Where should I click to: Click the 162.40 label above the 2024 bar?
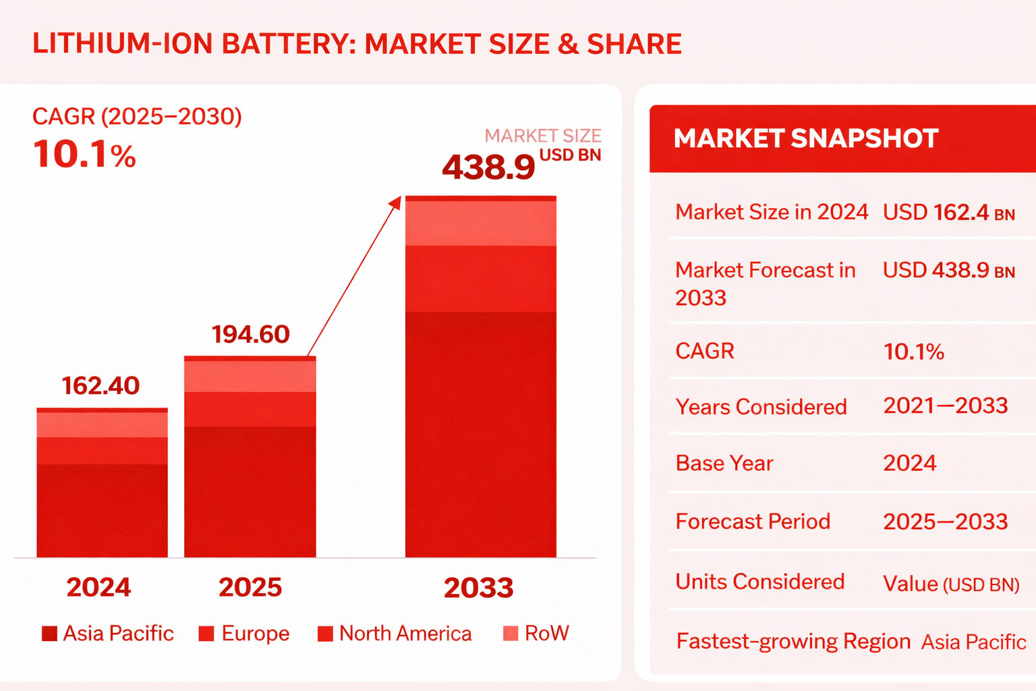click(100, 385)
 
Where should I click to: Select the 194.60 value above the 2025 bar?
click(250, 334)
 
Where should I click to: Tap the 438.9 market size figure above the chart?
click(488, 167)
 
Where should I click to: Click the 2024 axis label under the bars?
click(98, 587)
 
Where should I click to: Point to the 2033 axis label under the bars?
click(478, 588)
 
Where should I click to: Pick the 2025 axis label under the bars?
click(250, 587)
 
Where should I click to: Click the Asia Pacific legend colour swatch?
click(49, 634)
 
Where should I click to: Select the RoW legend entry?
click(536, 633)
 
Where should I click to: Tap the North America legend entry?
click(395, 633)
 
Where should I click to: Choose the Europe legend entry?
click(244, 633)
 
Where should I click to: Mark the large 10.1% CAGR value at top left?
click(84, 155)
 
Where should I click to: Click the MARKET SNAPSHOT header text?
click(806, 138)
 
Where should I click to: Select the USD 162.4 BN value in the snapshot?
click(948, 213)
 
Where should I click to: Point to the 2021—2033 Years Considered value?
click(945, 406)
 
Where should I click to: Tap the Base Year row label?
click(724, 464)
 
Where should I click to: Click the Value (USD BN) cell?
click(951, 584)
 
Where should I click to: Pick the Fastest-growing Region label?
click(793, 641)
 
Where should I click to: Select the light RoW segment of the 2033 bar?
click(481, 223)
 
